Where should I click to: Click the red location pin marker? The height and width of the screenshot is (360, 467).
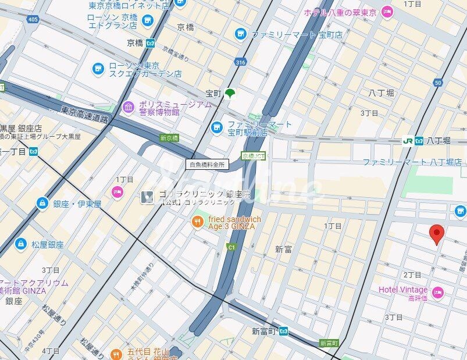(437, 234)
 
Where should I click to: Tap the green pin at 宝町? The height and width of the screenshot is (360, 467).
(230, 92)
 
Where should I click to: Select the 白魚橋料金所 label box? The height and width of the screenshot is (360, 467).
(207, 165)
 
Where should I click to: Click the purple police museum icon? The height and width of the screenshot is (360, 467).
(128, 108)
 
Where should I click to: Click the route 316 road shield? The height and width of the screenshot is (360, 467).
(240, 62)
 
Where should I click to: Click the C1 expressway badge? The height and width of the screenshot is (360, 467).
(231, 247)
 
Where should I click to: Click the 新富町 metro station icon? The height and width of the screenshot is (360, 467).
(283, 332)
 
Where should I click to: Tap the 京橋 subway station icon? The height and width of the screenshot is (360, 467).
(151, 42)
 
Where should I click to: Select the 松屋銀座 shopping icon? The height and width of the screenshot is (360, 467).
(21, 243)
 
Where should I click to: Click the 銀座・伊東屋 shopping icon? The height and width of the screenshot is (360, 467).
(42, 204)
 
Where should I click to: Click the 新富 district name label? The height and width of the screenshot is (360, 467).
(283, 249)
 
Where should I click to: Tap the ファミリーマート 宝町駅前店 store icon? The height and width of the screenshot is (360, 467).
(217, 127)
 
